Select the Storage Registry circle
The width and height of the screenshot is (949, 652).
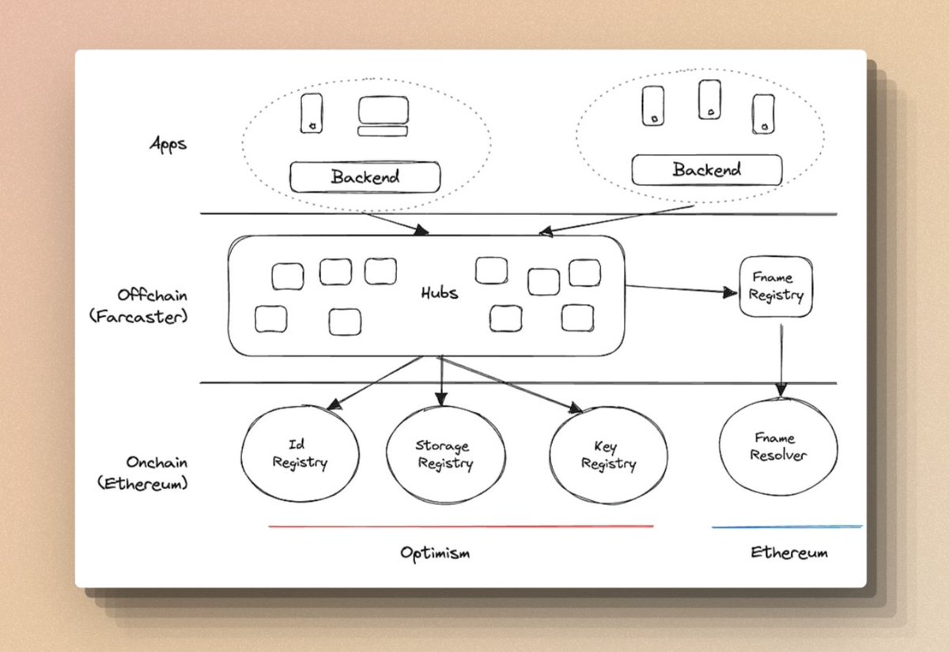coord(443,456)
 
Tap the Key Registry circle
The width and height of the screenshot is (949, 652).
coord(608,456)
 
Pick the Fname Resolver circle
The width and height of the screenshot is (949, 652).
coord(778,447)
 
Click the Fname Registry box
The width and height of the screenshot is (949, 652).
coord(775,287)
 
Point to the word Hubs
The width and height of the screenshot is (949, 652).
coord(439,293)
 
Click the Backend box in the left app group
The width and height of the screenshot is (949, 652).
coord(365,177)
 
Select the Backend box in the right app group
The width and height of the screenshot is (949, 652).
coord(706,170)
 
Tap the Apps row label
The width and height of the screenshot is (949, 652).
coord(168,145)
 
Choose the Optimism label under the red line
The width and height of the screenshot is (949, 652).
coord(434,552)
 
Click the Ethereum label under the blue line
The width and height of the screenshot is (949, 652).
coord(788,552)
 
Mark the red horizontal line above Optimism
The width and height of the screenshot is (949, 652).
coord(461,526)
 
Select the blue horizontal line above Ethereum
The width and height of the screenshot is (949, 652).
coord(787,526)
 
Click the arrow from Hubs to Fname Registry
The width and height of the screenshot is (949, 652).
coord(680,289)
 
